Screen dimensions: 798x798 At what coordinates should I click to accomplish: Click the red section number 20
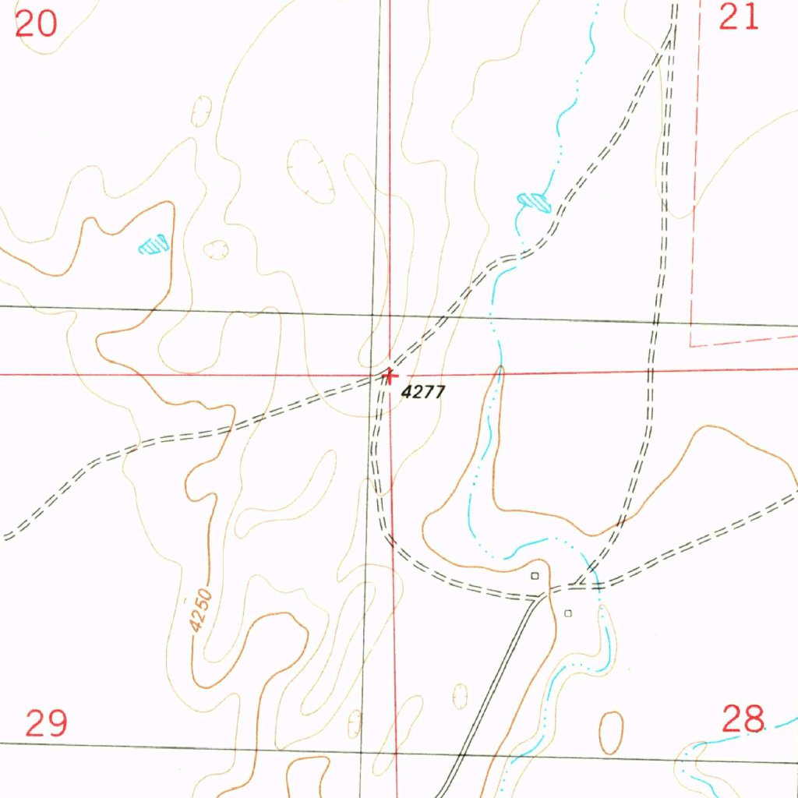tap(36, 23)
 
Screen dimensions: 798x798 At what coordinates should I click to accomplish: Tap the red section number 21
tap(738, 16)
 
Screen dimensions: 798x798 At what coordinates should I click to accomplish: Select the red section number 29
tap(46, 723)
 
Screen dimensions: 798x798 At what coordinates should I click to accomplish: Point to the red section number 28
tap(743, 719)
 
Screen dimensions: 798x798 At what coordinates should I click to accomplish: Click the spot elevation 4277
tap(423, 392)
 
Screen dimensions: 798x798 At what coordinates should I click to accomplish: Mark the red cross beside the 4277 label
tap(389, 376)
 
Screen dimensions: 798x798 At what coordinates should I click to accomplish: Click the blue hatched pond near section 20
tap(154, 245)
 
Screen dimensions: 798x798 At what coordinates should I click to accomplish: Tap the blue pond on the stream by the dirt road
tap(535, 202)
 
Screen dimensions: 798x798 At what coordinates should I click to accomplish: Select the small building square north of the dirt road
tap(535, 576)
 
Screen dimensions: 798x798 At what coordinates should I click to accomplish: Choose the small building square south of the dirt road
tap(567, 613)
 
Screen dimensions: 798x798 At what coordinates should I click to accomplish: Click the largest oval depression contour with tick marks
tap(311, 171)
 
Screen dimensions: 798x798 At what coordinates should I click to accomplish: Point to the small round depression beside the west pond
tap(215, 249)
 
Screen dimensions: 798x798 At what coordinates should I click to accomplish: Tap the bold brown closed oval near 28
tap(612, 733)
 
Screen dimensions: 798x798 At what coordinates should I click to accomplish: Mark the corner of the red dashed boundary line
tap(692, 344)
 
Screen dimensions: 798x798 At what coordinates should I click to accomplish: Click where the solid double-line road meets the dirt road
tap(544, 596)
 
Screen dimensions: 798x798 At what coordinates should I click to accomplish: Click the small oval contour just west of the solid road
tap(461, 695)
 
